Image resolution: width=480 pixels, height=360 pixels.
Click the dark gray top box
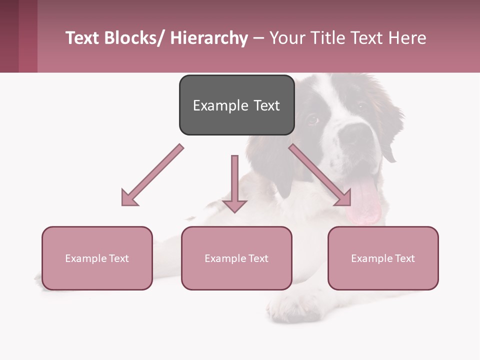[236, 105]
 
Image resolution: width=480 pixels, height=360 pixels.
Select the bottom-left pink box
[97, 258]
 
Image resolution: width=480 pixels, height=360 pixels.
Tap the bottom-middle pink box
[236, 258]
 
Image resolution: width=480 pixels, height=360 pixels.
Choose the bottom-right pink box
[383, 258]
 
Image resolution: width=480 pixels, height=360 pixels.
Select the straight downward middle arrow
[234, 184]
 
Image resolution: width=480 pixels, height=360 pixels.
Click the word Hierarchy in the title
[209, 38]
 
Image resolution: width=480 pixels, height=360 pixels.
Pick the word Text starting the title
[82, 38]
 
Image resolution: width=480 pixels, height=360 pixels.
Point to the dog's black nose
[356, 133]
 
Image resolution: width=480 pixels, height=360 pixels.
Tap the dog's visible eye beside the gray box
[312, 119]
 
